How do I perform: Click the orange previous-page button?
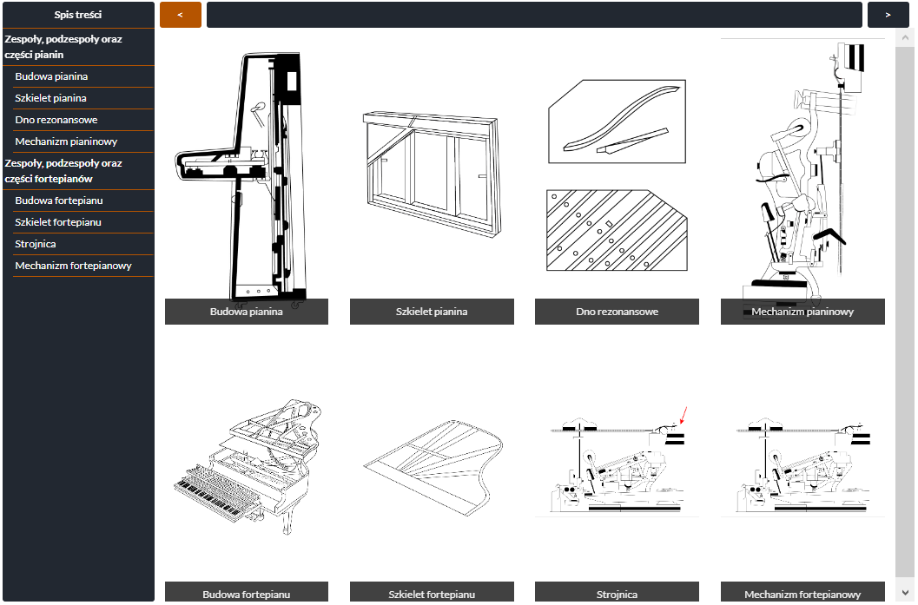pos(181,15)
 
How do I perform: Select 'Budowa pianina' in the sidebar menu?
pos(51,76)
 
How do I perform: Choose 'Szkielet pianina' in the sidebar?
pos(51,98)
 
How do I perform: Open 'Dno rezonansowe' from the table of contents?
pos(56,120)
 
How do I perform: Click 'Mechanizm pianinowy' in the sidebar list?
pos(66,141)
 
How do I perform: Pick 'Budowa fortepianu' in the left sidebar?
pos(59,201)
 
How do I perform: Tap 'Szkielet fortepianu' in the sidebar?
pos(58,222)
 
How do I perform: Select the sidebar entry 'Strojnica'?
pos(36,244)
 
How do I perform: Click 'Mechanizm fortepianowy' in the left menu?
pos(73,266)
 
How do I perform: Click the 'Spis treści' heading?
pos(78,15)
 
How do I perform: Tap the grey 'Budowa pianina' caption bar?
pos(247,312)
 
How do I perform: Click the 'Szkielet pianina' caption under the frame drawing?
pos(432,312)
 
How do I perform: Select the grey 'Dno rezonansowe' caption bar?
pos(618,312)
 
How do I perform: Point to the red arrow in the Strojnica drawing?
pos(684,416)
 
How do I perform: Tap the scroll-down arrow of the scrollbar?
pos(905,593)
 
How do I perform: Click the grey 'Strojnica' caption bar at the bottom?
pos(618,592)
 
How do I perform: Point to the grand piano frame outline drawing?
pos(433,468)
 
